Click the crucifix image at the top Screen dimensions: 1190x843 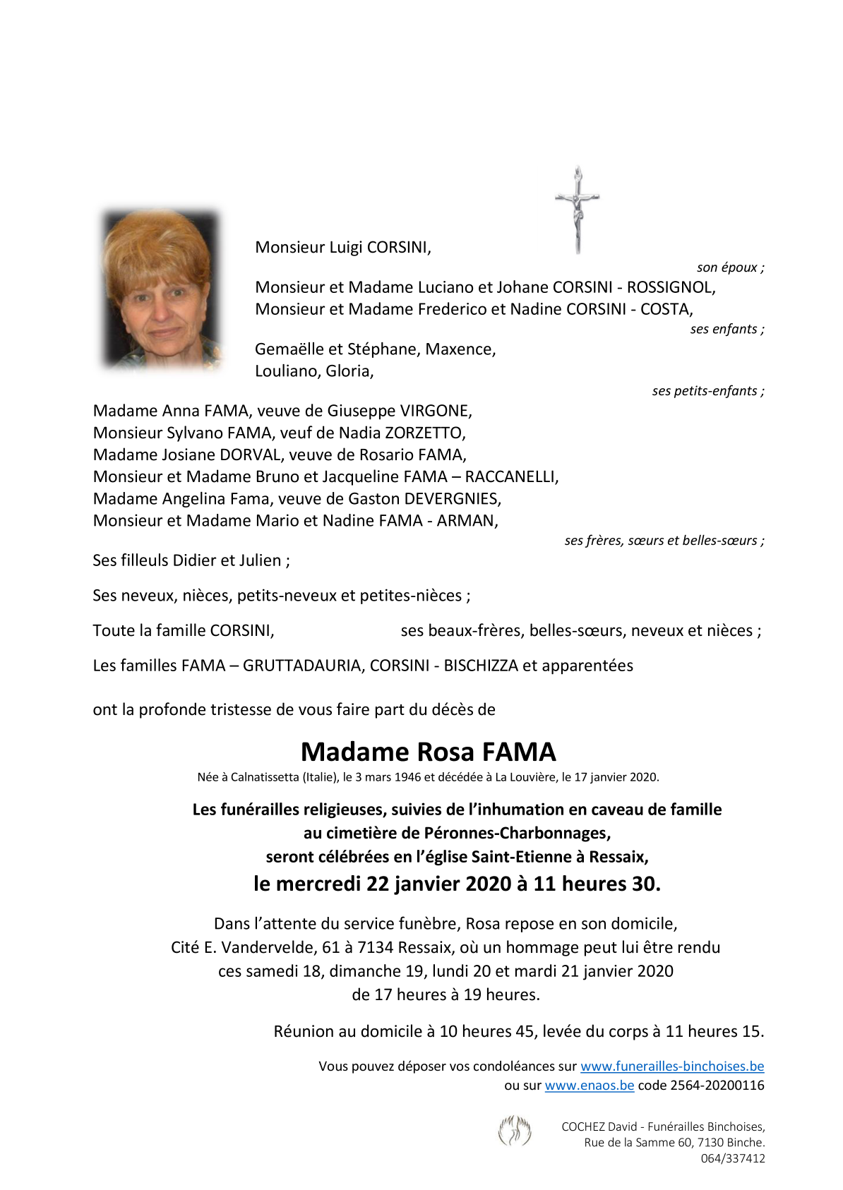click(578, 210)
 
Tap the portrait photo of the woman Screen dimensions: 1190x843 click(162, 290)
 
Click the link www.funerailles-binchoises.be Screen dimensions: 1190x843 click(672, 1066)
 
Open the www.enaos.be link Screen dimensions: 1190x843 click(590, 1086)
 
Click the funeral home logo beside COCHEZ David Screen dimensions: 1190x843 click(515, 1131)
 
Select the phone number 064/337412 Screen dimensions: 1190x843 click(733, 1158)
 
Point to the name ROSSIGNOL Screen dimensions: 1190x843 click(671, 287)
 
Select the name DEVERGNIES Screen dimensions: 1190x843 click(452, 499)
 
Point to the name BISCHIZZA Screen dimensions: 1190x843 click(481, 666)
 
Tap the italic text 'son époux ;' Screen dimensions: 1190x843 click(730, 268)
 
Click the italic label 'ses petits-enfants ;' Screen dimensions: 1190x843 click(707, 391)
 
